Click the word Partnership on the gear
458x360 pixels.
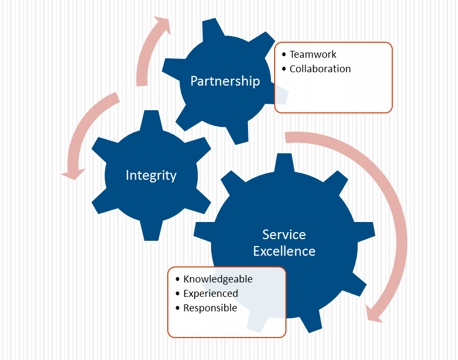pos(225,81)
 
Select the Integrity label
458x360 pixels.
pos(151,175)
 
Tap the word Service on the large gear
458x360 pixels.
pos(284,234)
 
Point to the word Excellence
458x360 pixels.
pos(284,251)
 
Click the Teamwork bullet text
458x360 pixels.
pos(313,55)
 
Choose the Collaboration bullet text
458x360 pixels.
pos(320,69)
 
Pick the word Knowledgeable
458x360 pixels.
pos(218,279)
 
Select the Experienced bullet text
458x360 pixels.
pos(211,294)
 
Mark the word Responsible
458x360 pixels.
pos(210,308)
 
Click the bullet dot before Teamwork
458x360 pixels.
pos(284,55)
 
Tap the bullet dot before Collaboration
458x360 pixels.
pos(284,69)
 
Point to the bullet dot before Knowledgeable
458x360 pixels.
pos(177,279)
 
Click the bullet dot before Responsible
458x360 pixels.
pos(177,308)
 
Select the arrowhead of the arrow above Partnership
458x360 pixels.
pos(163,25)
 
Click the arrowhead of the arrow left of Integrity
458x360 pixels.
pos(73,174)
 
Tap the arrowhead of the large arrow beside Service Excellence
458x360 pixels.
pos(375,315)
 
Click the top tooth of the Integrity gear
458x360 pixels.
pos(151,120)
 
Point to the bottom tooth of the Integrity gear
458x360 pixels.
pos(151,231)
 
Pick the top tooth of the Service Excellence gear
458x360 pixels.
pos(284,163)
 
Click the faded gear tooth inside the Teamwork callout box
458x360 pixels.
pos(282,94)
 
